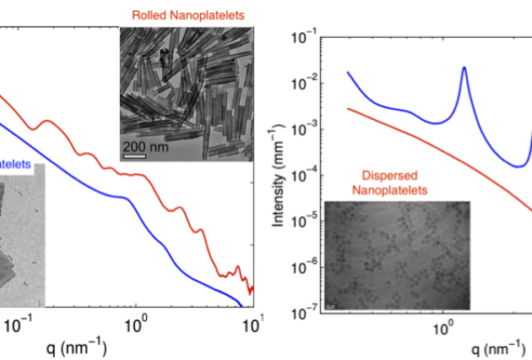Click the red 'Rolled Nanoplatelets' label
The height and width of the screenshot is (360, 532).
tap(185, 14)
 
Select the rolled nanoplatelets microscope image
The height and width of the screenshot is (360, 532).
tap(186, 93)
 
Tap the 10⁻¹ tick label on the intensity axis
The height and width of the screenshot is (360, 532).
tap(306, 37)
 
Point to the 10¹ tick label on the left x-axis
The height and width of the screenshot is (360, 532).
tap(254, 323)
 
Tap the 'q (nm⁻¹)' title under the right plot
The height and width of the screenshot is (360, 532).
tap(503, 348)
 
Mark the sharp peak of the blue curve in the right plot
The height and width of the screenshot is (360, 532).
tap(464, 68)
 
